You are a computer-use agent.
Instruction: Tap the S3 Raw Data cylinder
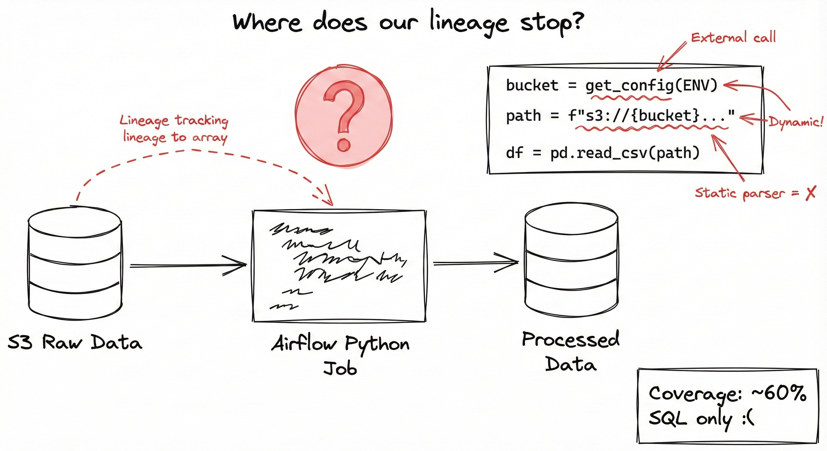tap(75, 263)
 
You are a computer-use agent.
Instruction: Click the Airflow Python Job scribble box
tap(339, 266)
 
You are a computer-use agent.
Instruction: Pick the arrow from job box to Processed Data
tap(475, 263)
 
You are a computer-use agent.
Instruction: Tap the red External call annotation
tap(733, 38)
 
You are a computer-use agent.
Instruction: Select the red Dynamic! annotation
tap(796, 122)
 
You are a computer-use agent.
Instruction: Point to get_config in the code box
tap(629, 86)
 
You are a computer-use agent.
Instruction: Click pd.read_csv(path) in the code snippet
tap(625, 153)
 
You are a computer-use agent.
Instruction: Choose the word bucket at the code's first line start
tap(532, 85)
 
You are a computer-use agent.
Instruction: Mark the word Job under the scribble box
tap(340, 368)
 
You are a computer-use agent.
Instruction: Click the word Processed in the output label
tap(571, 340)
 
